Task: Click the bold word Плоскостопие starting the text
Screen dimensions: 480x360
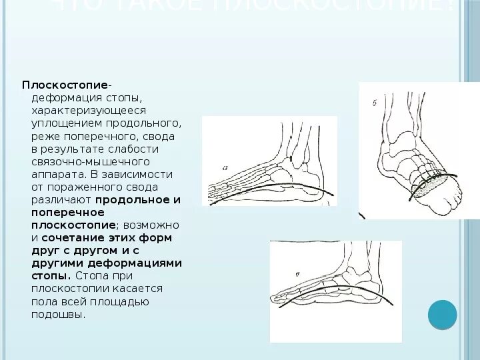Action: click(x=65, y=85)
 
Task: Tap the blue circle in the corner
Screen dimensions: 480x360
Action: click(x=441, y=315)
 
